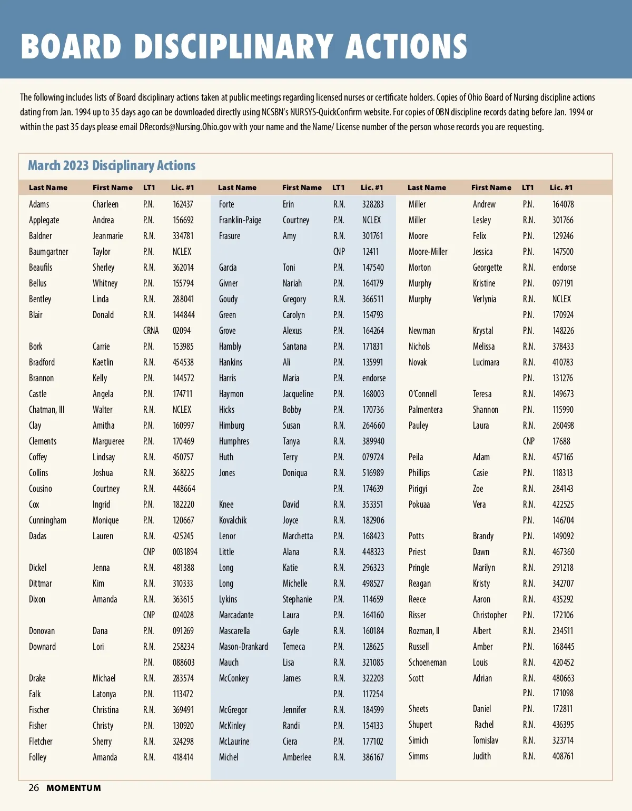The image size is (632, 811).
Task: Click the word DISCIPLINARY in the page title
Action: [233, 46]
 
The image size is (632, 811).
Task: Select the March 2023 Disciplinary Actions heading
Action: [112, 165]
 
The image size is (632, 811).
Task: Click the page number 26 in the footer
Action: [34, 788]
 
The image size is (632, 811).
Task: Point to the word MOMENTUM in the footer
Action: [74, 788]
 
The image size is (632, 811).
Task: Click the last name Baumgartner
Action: [48, 252]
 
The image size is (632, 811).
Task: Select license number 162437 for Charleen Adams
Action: [183, 204]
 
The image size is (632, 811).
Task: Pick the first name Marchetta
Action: [298, 536]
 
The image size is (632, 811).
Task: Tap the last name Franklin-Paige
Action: [240, 220]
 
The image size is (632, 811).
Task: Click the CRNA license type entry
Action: [151, 331]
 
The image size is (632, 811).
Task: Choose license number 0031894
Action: [185, 552]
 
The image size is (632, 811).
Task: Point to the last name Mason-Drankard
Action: [243, 647]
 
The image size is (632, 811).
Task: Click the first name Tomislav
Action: [485, 740]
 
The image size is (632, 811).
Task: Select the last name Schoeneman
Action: [427, 662]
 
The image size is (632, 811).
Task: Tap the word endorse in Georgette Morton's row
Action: [564, 268]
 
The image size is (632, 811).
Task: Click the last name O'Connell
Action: [422, 394]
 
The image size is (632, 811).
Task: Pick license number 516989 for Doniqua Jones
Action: [373, 473]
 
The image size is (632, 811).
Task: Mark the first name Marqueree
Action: [108, 441]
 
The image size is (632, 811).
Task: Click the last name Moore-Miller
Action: [428, 252]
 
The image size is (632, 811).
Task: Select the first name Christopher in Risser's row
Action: [490, 615]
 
